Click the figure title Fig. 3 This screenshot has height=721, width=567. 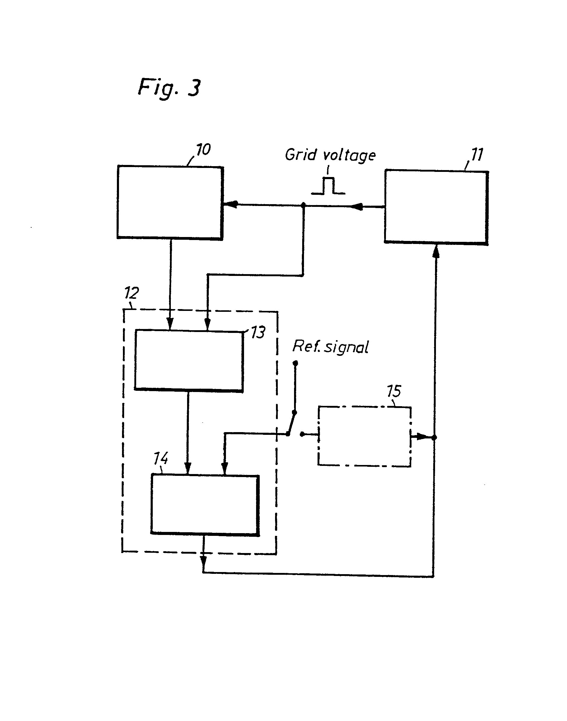pyautogui.click(x=169, y=88)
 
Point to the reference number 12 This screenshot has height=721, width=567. pyautogui.click(x=131, y=293)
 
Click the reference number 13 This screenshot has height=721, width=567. pyautogui.click(x=258, y=333)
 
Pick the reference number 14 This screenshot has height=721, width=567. pyautogui.click(x=161, y=459)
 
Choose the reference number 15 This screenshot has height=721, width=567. pyautogui.click(x=394, y=391)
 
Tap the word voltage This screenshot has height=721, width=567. pyautogui.click(x=349, y=156)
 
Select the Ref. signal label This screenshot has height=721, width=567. pyautogui.click(x=330, y=347)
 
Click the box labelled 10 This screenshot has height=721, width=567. pyautogui.click(x=170, y=202)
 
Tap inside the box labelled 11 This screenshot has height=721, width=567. pyautogui.click(x=436, y=207)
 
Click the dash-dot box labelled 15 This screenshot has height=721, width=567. pyautogui.click(x=365, y=436)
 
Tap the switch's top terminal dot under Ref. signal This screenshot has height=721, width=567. pyautogui.click(x=296, y=363)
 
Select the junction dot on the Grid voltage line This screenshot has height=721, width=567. pyautogui.click(x=303, y=205)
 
